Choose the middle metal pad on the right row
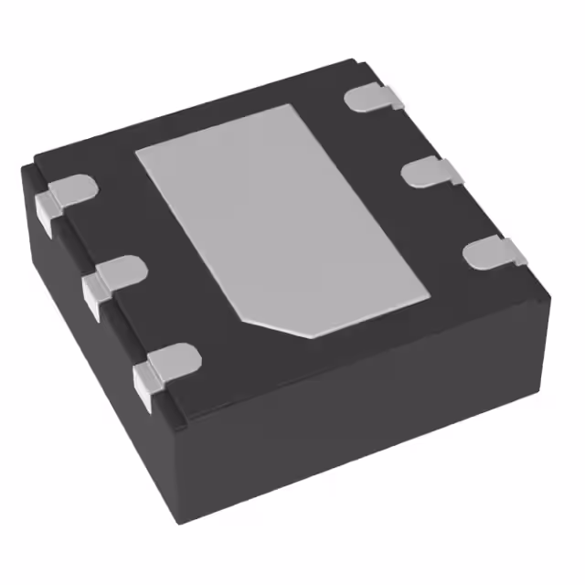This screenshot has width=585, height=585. click(x=430, y=171)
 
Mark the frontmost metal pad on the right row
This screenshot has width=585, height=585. click(x=492, y=251)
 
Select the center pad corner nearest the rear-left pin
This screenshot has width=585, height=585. click(x=138, y=151)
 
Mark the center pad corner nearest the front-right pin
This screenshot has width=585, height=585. click(x=429, y=297)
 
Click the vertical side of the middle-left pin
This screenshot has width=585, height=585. click(x=92, y=297)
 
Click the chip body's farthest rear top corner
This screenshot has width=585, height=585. click(x=353, y=62)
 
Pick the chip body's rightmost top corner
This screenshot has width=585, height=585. click(x=551, y=293)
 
